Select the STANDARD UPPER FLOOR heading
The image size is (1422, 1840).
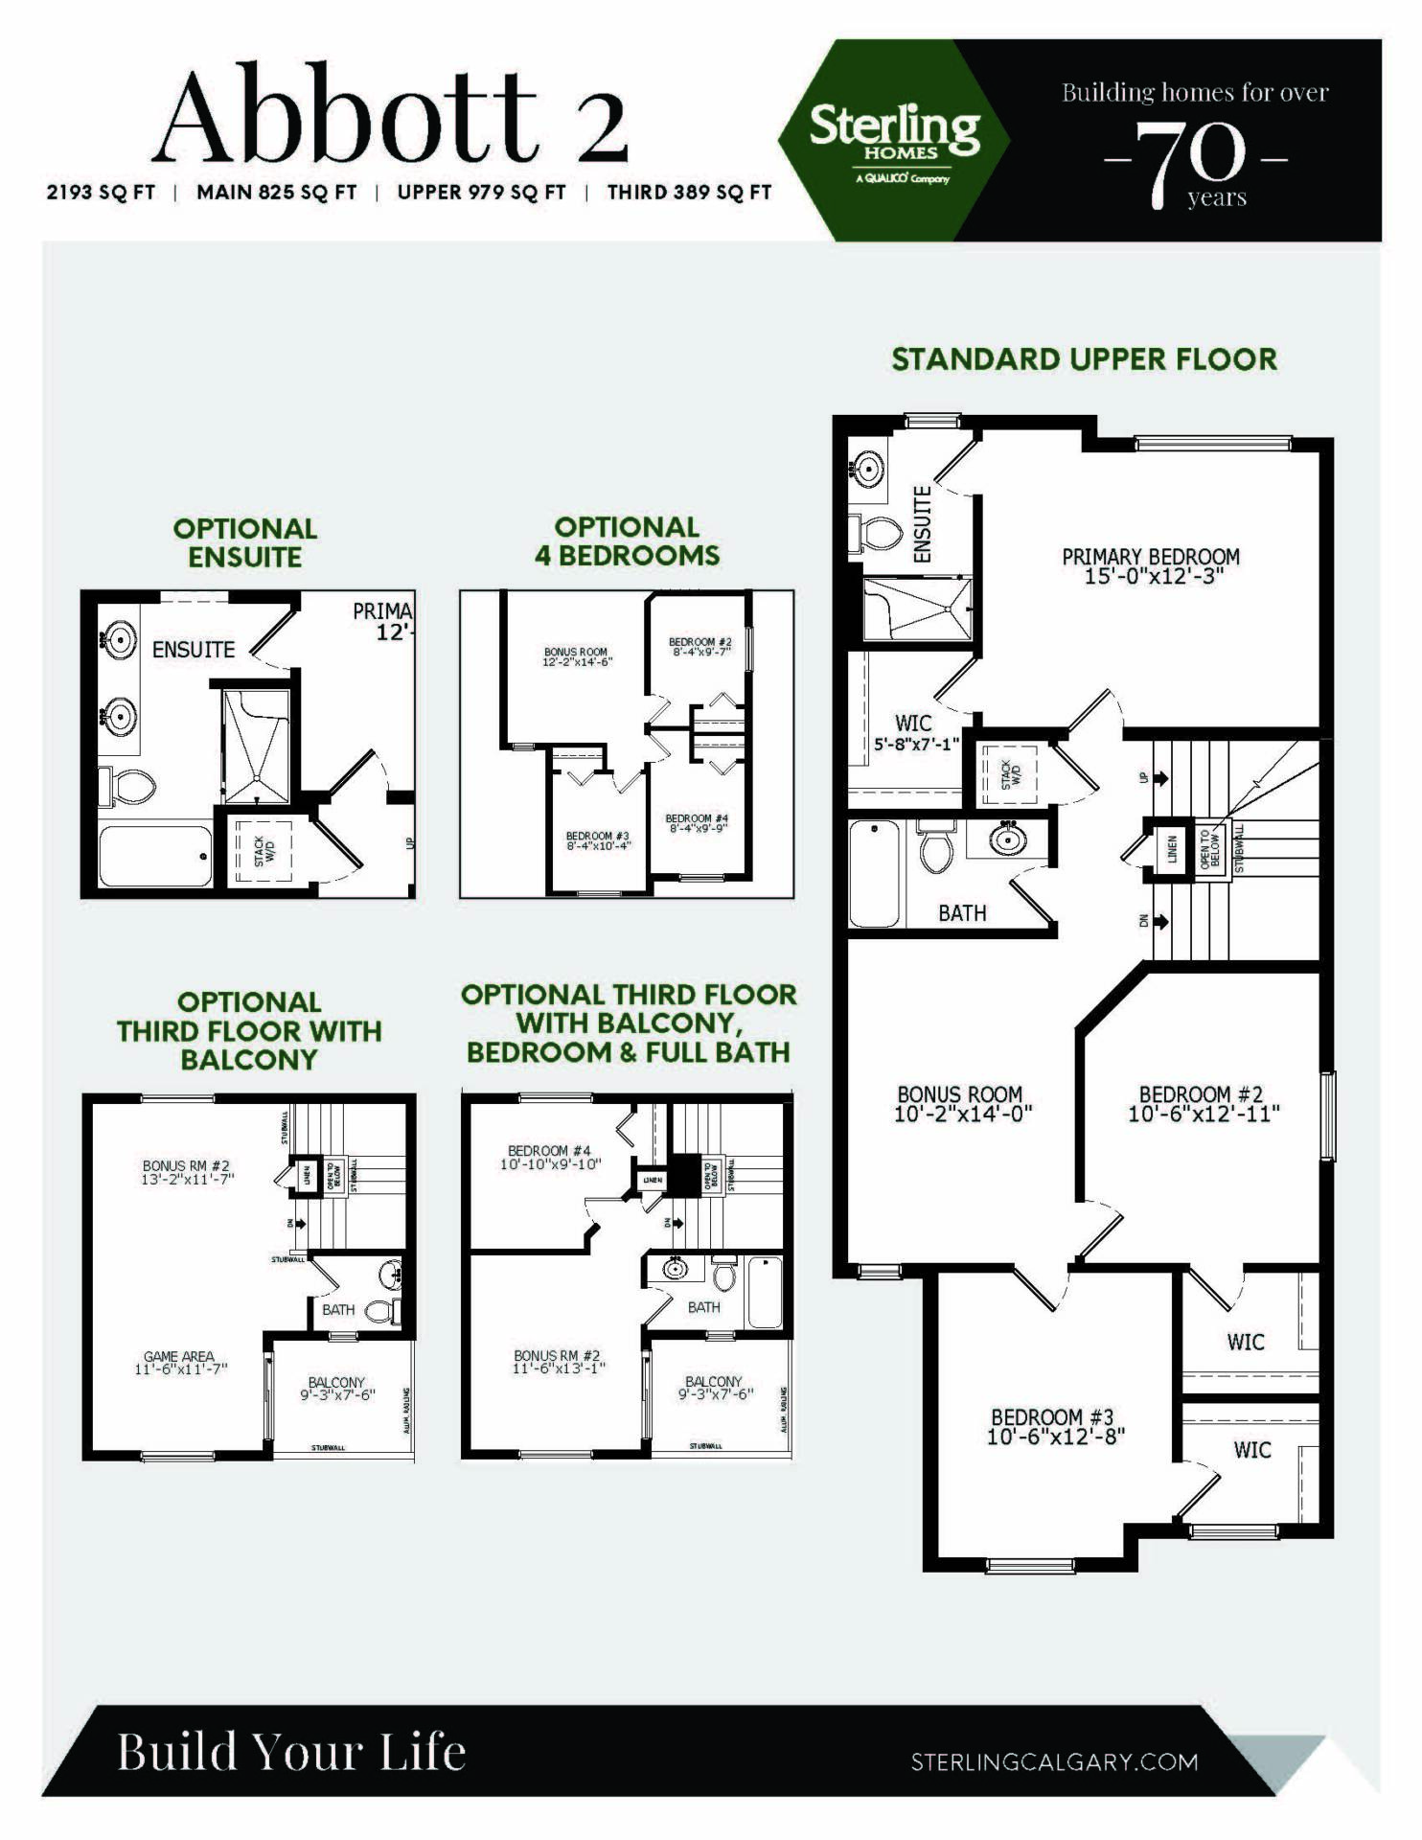[1084, 359]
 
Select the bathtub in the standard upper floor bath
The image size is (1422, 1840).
[874, 873]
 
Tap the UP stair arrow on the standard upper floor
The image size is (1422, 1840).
[1160, 777]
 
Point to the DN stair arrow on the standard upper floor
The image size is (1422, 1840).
[1160, 921]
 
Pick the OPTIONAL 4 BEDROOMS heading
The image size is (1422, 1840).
[627, 541]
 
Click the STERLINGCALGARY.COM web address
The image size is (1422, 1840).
[1053, 1761]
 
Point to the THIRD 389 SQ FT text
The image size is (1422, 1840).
[689, 193]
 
